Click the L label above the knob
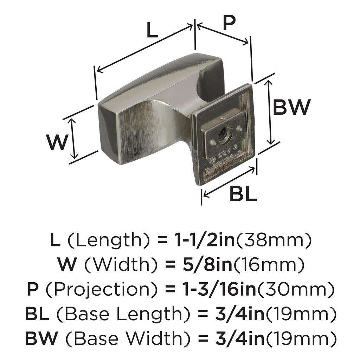pos(153,31)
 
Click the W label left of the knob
pos(57,142)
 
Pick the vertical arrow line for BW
pos(270,112)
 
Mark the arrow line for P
pos(223,34)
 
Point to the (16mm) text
pos(269,264)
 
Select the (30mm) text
pos(296,289)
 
